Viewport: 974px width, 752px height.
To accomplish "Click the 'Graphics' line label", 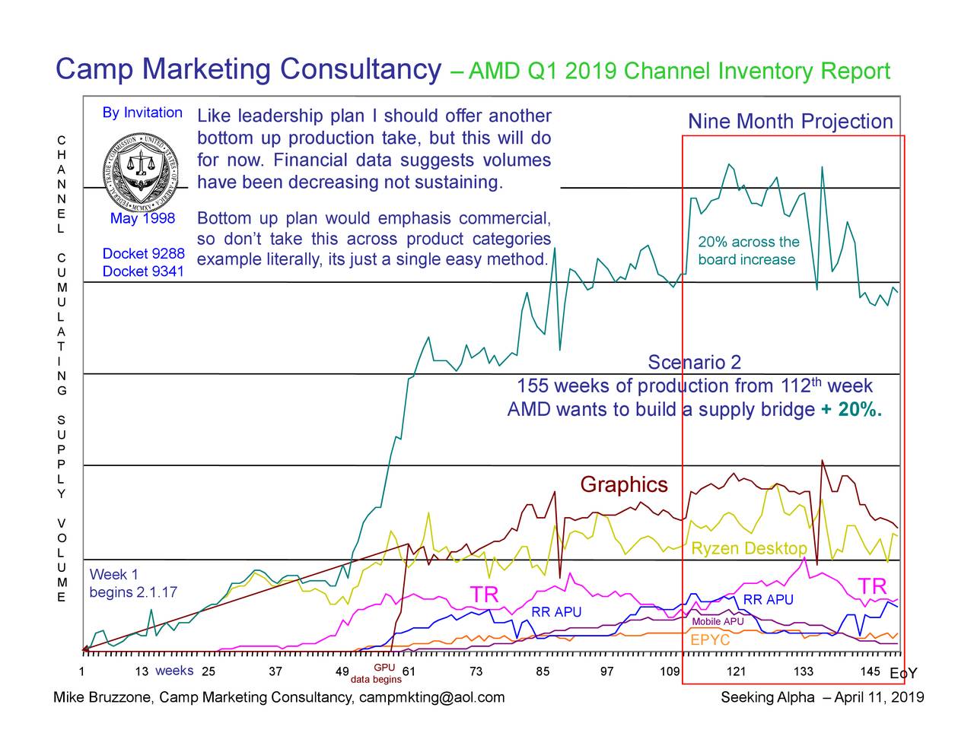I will click(623, 485).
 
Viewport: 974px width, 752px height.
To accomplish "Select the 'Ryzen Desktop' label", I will click(749, 549).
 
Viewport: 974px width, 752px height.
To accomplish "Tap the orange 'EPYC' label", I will click(709, 640).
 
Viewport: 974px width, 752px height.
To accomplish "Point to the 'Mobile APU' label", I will click(718, 622).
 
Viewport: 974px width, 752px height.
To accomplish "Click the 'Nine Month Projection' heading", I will click(790, 122).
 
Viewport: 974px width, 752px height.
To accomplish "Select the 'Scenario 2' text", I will click(694, 362).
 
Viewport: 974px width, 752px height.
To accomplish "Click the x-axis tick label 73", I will click(476, 671).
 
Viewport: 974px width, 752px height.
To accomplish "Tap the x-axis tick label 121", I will click(736, 671).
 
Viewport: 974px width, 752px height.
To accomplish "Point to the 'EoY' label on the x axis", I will click(902, 674).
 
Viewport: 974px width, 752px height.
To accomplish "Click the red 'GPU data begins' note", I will click(377, 674).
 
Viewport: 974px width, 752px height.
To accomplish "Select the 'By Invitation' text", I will click(142, 113).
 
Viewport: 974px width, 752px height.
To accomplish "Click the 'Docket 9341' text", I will click(143, 271).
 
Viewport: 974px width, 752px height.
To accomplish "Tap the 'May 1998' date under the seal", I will click(142, 219).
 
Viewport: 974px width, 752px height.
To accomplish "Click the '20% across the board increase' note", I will click(748, 251).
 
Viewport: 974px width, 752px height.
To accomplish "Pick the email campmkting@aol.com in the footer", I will click(431, 698).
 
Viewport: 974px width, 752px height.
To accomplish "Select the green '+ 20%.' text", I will click(851, 411).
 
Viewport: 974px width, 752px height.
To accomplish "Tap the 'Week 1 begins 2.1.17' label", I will click(133, 583).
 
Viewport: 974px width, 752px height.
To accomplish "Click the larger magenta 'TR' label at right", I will click(872, 587).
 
